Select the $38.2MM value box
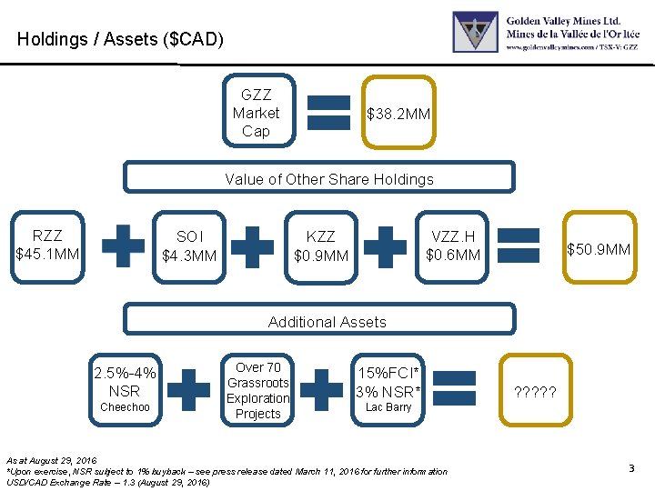tap(398, 114)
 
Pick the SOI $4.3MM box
tap(189, 245)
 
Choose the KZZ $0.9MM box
tap(321, 245)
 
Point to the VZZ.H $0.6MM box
tap(453, 245)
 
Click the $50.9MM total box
tap(599, 248)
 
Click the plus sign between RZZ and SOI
tap(123, 245)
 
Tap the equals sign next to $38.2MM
tap(329, 114)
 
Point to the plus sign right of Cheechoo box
tap(189, 389)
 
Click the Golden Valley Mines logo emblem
tap(476, 32)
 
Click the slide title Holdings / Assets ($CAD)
tap(119, 40)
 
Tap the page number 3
tap(630, 468)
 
